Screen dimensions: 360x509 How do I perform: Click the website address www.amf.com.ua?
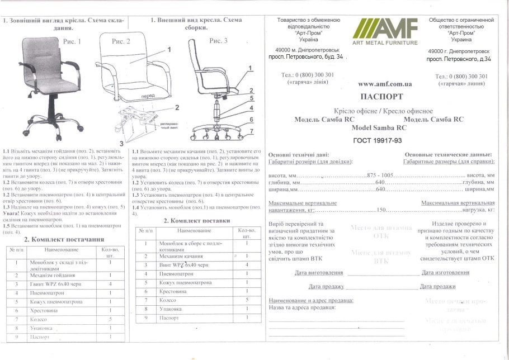[x=385, y=84]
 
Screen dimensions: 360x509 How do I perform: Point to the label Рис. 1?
[x=72, y=41]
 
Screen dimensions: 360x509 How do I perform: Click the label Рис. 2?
[x=121, y=41]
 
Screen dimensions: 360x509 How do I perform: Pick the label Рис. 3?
[x=218, y=41]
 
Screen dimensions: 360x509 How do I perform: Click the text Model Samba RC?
[x=379, y=127]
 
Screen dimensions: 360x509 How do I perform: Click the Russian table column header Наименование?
[x=192, y=230]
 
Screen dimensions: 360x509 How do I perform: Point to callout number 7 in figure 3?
[x=252, y=131]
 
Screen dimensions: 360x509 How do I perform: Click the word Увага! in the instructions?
[x=13, y=213]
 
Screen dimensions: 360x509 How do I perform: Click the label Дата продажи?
[x=437, y=286]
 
